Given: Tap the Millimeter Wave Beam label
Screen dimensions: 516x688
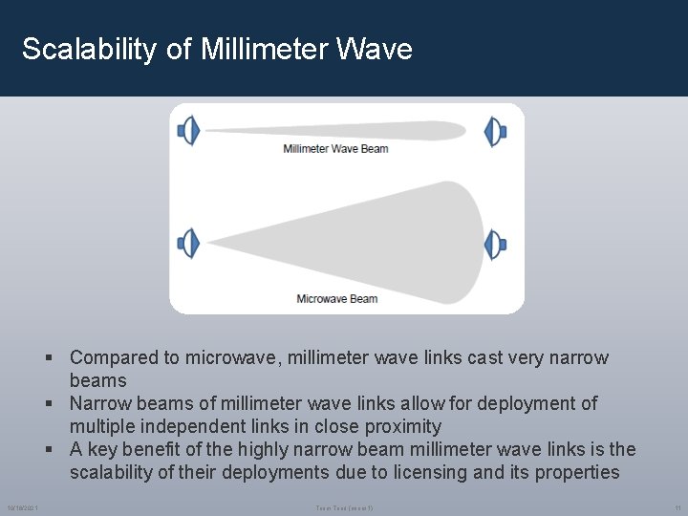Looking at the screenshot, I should click(335, 149).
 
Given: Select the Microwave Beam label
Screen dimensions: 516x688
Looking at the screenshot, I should click(336, 299).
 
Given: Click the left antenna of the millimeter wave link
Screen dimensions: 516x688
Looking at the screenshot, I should click(188, 131).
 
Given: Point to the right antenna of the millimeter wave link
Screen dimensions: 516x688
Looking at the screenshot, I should click(495, 131).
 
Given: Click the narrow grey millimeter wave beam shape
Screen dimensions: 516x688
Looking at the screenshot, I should click(334, 130).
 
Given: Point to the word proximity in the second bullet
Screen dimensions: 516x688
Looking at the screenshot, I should click(400, 427).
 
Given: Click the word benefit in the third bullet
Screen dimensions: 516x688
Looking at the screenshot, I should click(170, 450).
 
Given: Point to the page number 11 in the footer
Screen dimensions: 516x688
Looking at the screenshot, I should click(677, 506).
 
